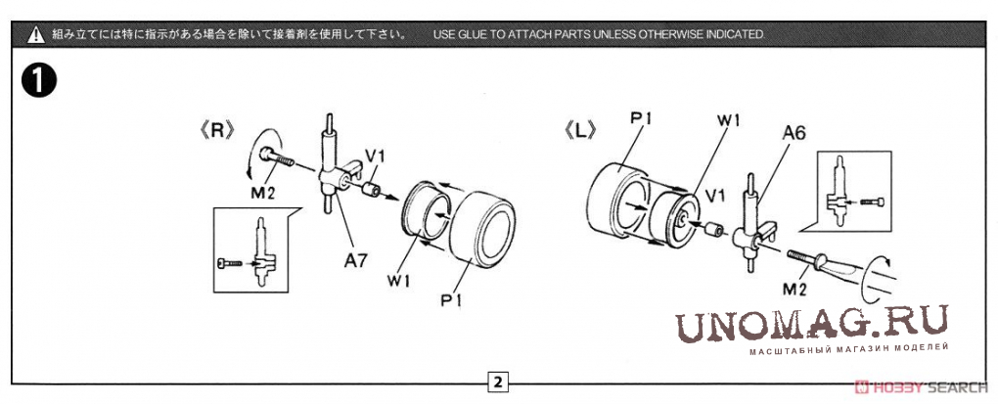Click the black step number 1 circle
[x=39, y=81]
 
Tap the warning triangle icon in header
[x=35, y=34]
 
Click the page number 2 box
[x=498, y=382]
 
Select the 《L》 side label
[x=580, y=130]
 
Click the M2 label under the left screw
[x=265, y=192]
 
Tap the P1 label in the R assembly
[x=449, y=299]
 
